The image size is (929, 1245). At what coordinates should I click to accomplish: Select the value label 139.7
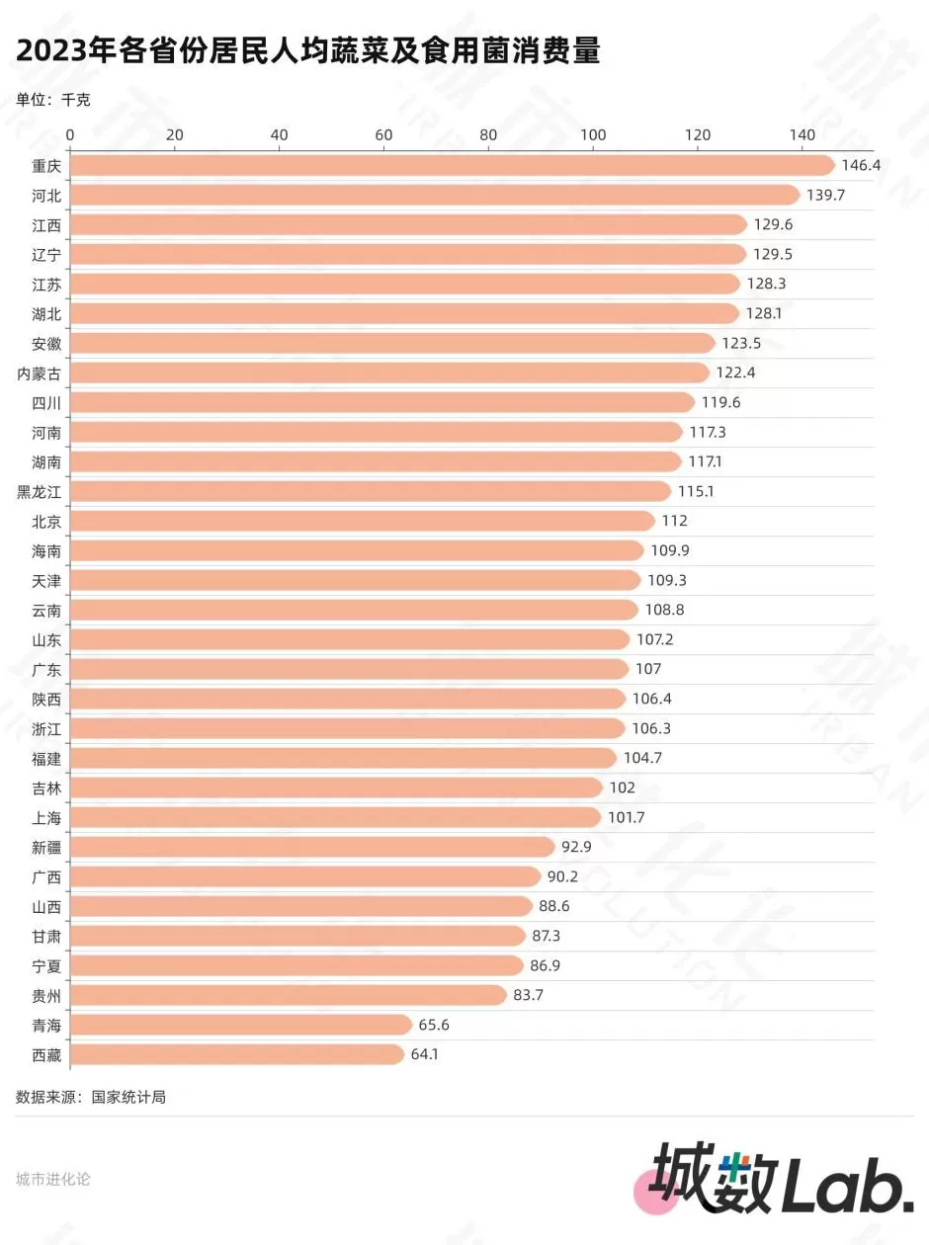click(826, 195)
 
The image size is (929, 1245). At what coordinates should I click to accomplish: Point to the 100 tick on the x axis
click(593, 134)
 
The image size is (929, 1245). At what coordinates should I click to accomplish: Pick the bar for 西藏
click(237, 1054)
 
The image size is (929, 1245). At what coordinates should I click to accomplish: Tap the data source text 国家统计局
click(128, 1097)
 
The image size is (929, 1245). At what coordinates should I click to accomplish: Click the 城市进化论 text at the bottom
click(53, 1179)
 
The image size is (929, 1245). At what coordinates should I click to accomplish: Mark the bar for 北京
click(362, 521)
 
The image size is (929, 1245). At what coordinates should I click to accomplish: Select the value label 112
click(675, 521)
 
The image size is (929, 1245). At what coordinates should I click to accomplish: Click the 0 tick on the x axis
click(70, 134)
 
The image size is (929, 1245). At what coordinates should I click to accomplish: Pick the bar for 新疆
click(312, 847)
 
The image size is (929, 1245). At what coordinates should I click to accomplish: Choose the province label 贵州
click(46, 995)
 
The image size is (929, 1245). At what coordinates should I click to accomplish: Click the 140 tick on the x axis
click(802, 134)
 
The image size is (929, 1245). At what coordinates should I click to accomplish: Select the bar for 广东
click(349, 669)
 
